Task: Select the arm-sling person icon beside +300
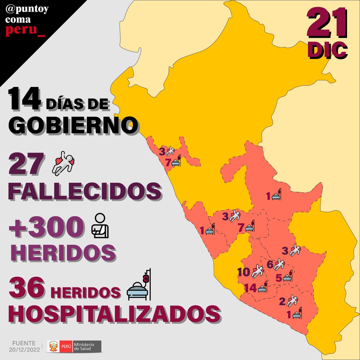click(x=100, y=226)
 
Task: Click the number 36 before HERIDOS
click(x=27, y=287)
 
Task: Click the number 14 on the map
click(x=250, y=288)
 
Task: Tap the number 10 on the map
click(x=244, y=272)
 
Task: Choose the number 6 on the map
click(x=270, y=265)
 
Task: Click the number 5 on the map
click(x=278, y=278)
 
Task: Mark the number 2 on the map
click(x=282, y=301)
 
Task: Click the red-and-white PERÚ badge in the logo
click(x=66, y=346)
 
